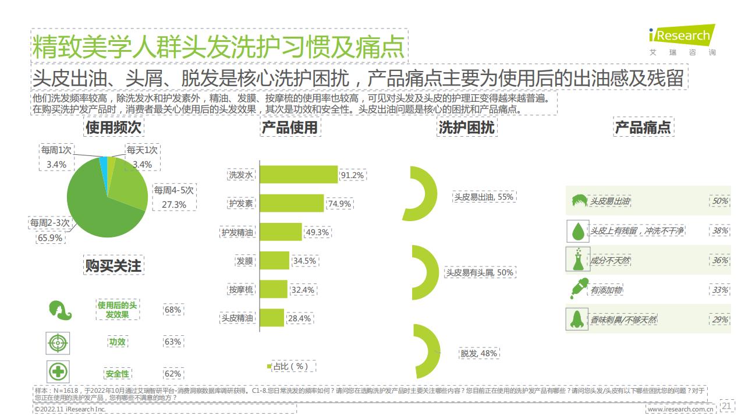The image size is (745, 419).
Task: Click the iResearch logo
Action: click(x=682, y=36)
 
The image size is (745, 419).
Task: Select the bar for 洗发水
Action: click(x=298, y=175)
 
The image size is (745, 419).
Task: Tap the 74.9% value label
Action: click(x=340, y=204)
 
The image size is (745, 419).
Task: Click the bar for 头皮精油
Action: click(x=271, y=318)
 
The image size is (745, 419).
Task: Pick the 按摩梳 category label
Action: click(x=241, y=289)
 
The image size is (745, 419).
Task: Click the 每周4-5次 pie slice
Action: click(x=131, y=180)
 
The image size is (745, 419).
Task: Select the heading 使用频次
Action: click(x=113, y=127)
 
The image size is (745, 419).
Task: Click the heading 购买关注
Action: click(x=113, y=265)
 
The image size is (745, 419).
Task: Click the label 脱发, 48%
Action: click(x=479, y=353)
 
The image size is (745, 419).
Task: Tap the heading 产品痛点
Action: click(x=643, y=127)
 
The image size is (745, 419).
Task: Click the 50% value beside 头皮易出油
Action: click(x=720, y=201)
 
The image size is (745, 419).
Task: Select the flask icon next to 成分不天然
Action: click(x=577, y=260)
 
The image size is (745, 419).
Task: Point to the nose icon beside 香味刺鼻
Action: click(x=577, y=319)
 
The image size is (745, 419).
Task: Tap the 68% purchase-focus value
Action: click(x=173, y=310)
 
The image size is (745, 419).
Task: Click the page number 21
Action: click(x=728, y=406)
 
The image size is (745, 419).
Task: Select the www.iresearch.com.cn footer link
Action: click(x=680, y=409)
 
